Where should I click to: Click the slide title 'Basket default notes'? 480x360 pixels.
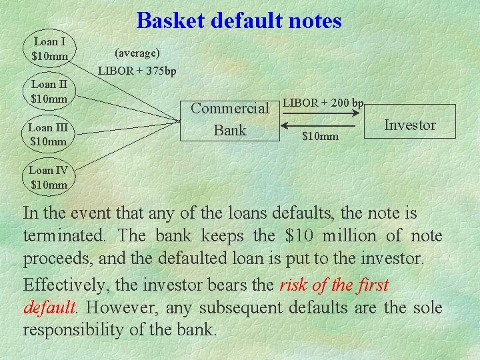239,21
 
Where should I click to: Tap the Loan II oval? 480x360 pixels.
49,91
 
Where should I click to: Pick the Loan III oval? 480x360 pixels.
49,134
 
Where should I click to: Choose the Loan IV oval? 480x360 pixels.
49,177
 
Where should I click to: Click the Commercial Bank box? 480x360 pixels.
229,119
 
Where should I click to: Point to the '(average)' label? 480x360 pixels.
137,52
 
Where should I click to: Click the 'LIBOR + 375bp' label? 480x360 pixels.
137,71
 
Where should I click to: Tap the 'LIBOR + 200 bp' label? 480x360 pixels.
323,103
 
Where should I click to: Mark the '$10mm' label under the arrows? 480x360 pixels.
320,137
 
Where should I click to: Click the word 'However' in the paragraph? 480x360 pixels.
119,308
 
